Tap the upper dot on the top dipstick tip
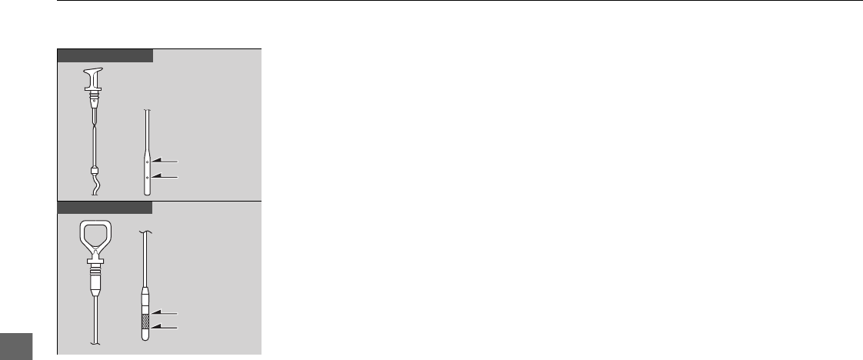click(147, 162)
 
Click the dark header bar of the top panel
click(104, 55)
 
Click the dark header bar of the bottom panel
click(104, 207)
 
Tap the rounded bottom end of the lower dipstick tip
click(146, 336)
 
